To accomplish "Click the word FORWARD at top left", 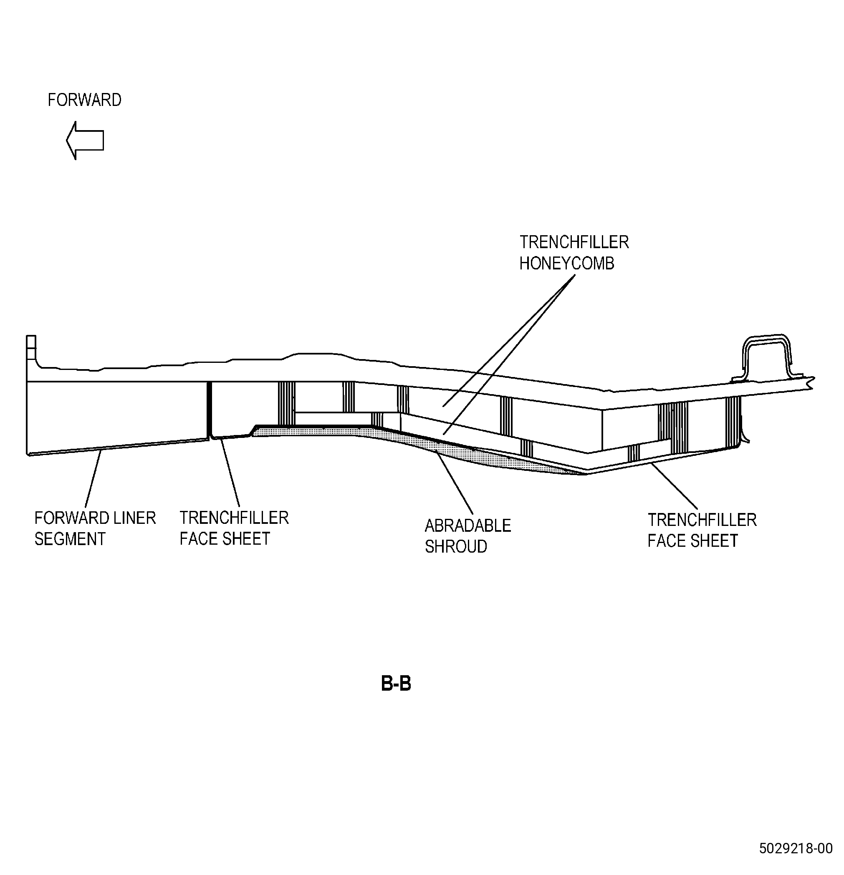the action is (84, 100).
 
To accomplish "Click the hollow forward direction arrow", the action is (85, 140).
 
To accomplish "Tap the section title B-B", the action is (396, 684).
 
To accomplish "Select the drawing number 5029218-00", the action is (796, 861).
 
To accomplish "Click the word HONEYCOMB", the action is (566, 264).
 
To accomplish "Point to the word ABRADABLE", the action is (468, 526).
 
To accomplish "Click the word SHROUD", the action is (456, 546).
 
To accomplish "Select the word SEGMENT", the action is (70, 539).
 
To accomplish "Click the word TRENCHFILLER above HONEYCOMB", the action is (574, 242).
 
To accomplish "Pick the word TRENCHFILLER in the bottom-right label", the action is (702, 520).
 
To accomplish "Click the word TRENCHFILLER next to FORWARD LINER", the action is (234, 518).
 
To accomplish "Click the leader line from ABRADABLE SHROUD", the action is (455, 483).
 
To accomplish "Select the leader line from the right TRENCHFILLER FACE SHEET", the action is (674, 486).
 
